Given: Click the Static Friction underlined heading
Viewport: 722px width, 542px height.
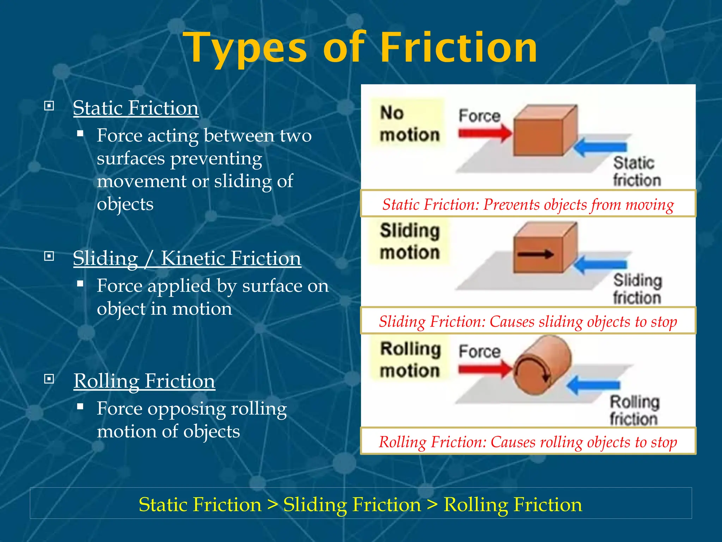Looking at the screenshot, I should point(136,108).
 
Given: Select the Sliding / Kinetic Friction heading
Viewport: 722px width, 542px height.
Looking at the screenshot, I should point(187,258).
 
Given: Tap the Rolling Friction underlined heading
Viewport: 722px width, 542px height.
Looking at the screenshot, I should point(144,381).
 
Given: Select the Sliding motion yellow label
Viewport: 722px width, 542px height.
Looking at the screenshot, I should point(409,241).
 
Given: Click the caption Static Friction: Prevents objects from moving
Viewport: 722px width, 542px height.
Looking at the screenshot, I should point(528,204).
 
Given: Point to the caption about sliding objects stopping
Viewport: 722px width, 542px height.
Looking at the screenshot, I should point(528,321).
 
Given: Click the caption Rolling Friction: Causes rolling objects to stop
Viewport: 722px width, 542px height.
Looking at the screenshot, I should point(528,442).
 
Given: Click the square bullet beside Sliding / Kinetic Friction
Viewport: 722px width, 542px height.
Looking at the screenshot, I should point(49,256).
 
